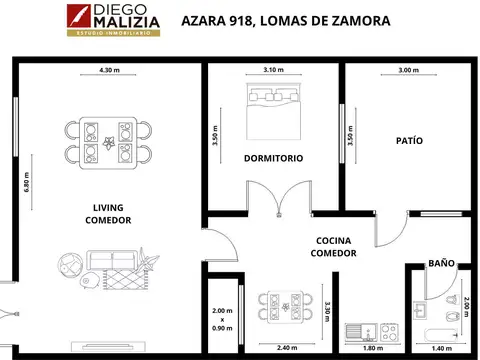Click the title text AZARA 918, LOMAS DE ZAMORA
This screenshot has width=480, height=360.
(286, 20)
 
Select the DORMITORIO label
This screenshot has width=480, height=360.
(274, 158)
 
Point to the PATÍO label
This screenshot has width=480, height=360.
(408, 141)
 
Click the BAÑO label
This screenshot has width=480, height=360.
(441, 263)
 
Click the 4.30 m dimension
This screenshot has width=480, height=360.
(111, 70)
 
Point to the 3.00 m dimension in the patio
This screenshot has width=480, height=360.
(408, 70)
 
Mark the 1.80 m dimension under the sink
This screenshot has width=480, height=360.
(371, 348)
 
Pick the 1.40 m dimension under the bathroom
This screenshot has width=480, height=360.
(440, 348)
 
